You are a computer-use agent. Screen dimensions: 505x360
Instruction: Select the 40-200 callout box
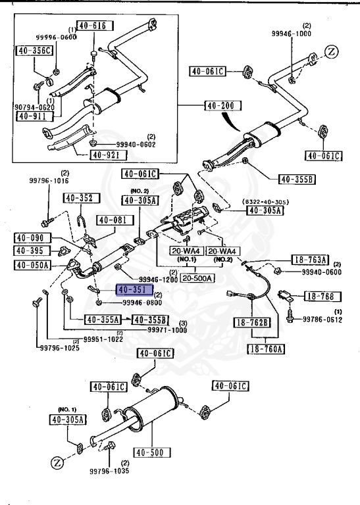(x=223, y=105)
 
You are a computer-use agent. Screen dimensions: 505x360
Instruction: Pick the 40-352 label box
(x=82, y=198)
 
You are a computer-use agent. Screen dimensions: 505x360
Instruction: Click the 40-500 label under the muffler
(x=152, y=452)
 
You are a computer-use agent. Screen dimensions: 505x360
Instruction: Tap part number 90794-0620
(x=32, y=107)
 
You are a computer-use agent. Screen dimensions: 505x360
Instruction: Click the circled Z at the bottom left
(x=57, y=462)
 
